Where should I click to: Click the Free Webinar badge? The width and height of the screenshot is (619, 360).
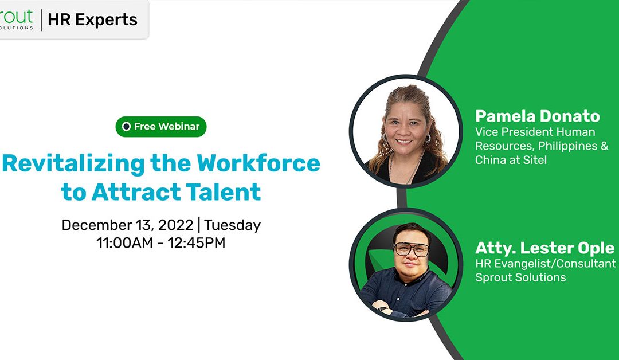160,127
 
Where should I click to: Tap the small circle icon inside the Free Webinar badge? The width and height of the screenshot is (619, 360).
126,127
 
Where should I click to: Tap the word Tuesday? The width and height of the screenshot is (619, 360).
233,225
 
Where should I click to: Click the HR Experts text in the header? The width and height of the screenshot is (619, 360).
92,19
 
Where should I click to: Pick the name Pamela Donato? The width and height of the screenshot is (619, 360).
537,116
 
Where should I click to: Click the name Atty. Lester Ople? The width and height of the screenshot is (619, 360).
544,248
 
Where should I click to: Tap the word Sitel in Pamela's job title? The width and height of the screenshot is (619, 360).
534,160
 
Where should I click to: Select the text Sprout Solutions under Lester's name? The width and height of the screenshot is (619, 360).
520,277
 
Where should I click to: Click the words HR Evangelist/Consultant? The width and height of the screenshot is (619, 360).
545,263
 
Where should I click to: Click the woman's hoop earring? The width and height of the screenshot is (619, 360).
427,138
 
